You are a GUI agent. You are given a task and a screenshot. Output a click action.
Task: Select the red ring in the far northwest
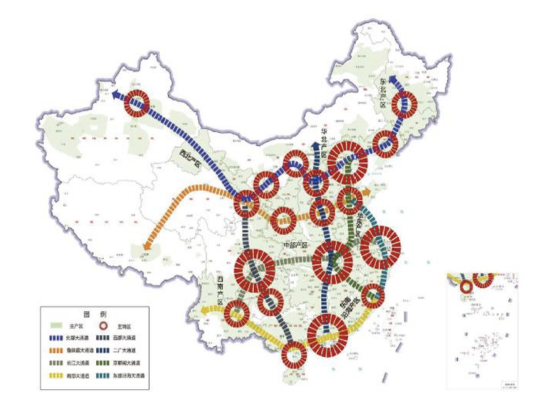(137, 104)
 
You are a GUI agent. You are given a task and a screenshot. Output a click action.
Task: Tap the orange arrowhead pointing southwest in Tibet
(146, 246)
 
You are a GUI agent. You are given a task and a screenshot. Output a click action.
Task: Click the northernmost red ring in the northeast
(404, 105)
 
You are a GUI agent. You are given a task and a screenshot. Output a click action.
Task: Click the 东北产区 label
(383, 93)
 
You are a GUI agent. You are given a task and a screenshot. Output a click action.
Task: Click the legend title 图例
(94, 315)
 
